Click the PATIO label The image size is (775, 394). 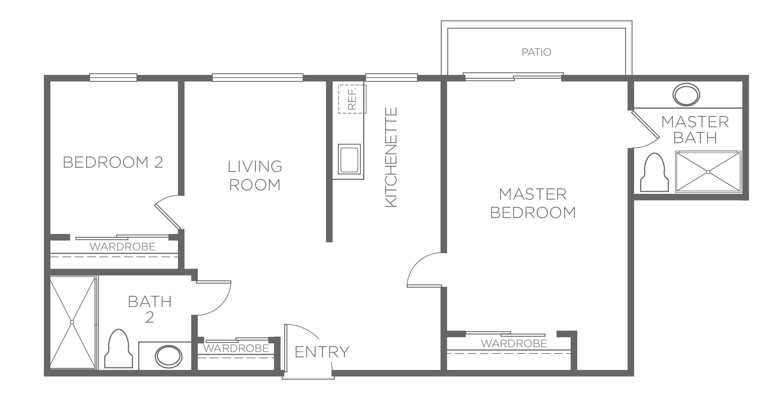[536, 52]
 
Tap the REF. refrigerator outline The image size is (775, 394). [352, 99]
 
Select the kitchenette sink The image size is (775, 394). [349, 159]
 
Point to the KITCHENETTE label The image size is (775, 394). [391, 157]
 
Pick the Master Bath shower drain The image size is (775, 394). [708, 172]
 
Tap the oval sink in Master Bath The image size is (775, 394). [686, 94]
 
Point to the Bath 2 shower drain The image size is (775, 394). [72, 322]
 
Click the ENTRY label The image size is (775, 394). [322, 352]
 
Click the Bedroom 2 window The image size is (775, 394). [113, 77]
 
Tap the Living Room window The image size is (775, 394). [258, 77]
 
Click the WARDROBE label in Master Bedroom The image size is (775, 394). [514, 343]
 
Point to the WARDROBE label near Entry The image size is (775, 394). [236, 348]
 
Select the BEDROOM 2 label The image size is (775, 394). [113, 162]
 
